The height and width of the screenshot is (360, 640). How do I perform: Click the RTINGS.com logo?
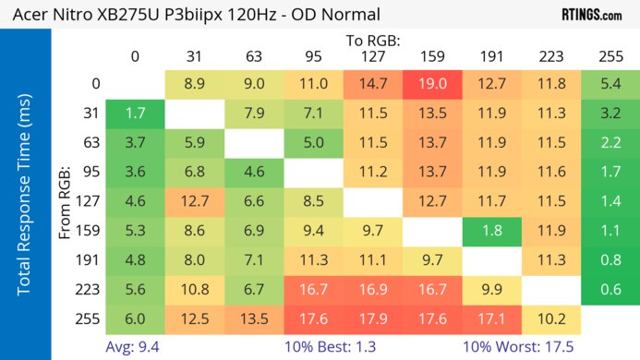592,15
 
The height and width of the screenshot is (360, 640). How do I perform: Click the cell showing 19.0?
432,84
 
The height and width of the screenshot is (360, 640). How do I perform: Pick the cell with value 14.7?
373,84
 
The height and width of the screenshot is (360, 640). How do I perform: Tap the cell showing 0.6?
610,288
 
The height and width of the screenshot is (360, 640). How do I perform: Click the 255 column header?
610,56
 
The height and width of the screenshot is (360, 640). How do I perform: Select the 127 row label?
89,200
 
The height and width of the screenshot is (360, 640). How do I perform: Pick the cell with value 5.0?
313,142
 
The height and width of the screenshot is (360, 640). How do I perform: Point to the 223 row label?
89,288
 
